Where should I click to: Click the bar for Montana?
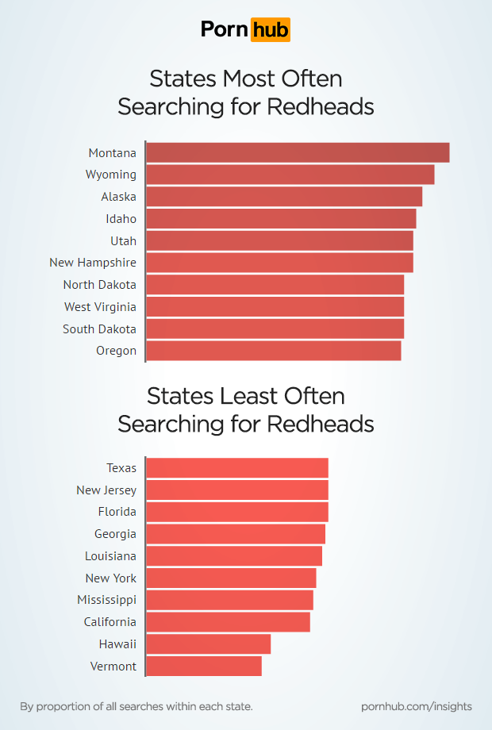pyautogui.click(x=298, y=152)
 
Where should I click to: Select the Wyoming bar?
pyautogui.click(x=290, y=175)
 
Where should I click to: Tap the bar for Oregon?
pyautogui.click(x=273, y=351)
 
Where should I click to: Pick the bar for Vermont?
pyautogui.click(x=204, y=666)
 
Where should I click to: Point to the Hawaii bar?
pyautogui.click(x=208, y=644)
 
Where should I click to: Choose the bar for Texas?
pyautogui.click(x=237, y=467)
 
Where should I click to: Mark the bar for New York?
pyautogui.click(x=231, y=578)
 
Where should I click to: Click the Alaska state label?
pyautogui.click(x=118, y=197)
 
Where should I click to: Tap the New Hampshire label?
pyautogui.click(x=93, y=263)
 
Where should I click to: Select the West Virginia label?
pyautogui.click(x=100, y=307)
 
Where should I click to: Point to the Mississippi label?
pyautogui.click(x=106, y=600)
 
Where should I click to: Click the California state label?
pyautogui.click(x=110, y=622)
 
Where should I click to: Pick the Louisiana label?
pyautogui.click(x=110, y=556)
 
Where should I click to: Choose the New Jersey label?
pyautogui.click(x=106, y=490)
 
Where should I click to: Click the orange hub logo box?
pyautogui.click(x=270, y=29)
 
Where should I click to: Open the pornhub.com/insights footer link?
pyautogui.click(x=416, y=705)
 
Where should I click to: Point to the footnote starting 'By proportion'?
pyautogui.click(x=136, y=705)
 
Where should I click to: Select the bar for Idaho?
pyautogui.click(x=281, y=219)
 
